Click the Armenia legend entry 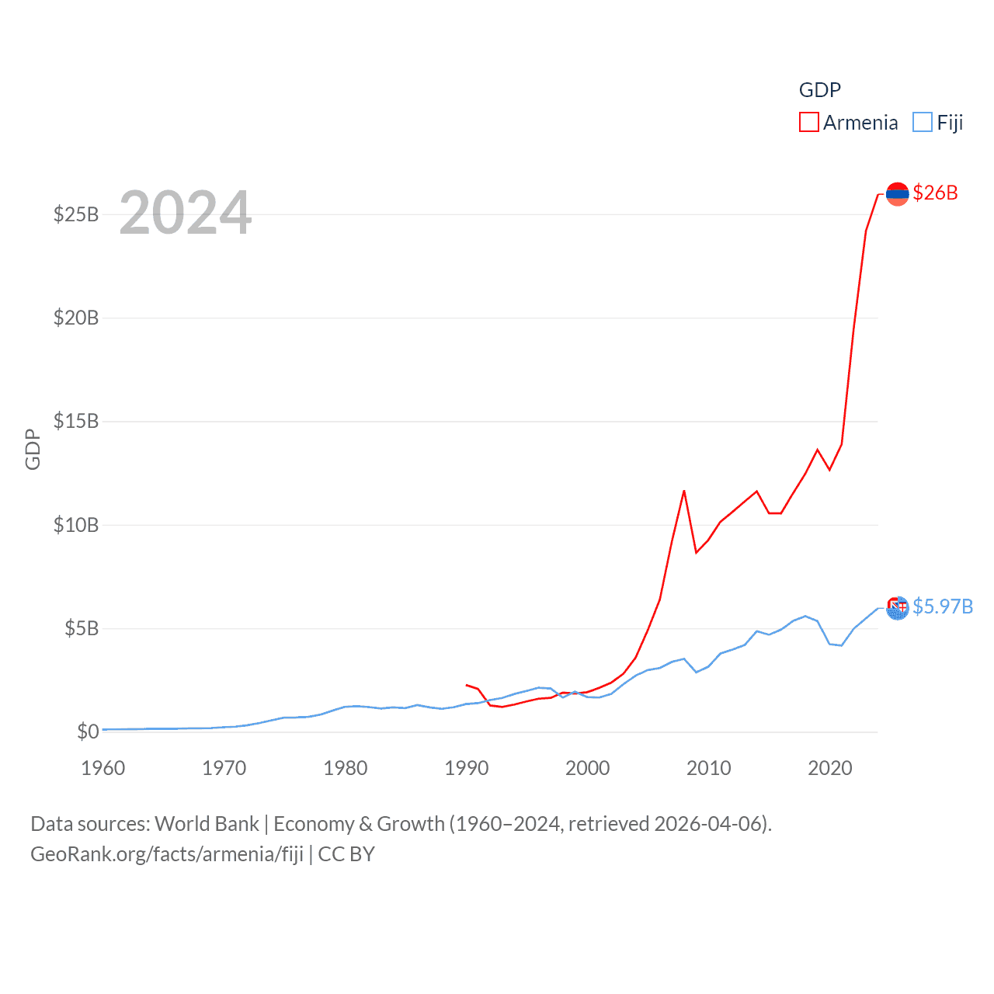[x=848, y=123]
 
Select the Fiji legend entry [x=938, y=123]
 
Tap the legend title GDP [x=819, y=90]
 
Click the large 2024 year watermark [x=185, y=213]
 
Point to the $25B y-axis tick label [x=76, y=214]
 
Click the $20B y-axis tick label [x=76, y=318]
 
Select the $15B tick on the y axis [x=76, y=421]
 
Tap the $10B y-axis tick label [x=76, y=525]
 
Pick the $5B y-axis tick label [x=82, y=628]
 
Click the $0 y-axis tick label [x=88, y=732]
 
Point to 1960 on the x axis [x=103, y=768]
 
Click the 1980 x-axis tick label [x=346, y=768]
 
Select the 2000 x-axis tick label [x=588, y=768]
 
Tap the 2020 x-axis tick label [x=830, y=768]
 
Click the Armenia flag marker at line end [x=897, y=193]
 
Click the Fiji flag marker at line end [x=897, y=607]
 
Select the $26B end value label [x=935, y=193]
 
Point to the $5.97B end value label [x=943, y=606]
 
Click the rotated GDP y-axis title [x=33, y=449]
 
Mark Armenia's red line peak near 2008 [x=684, y=491]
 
